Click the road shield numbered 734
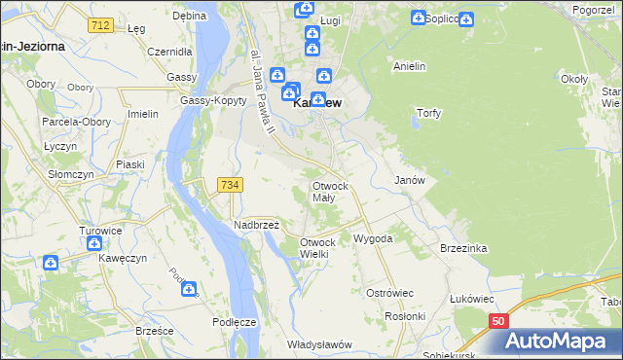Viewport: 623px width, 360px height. (231, 185)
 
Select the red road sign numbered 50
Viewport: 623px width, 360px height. (498, 320)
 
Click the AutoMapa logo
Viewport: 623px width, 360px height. (561, 340)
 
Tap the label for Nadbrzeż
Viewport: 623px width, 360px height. (256, 225)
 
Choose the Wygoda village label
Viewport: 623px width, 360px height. (373, 238)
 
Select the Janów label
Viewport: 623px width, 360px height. (409, 181)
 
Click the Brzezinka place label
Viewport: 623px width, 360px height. (462, 248)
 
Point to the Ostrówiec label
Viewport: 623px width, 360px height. (390, 293)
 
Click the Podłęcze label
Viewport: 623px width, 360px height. (234, 321)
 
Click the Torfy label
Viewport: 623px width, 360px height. (429, 113)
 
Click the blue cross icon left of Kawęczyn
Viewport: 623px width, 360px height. (51, 262)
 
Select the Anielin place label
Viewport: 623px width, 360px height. (410, 66)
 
